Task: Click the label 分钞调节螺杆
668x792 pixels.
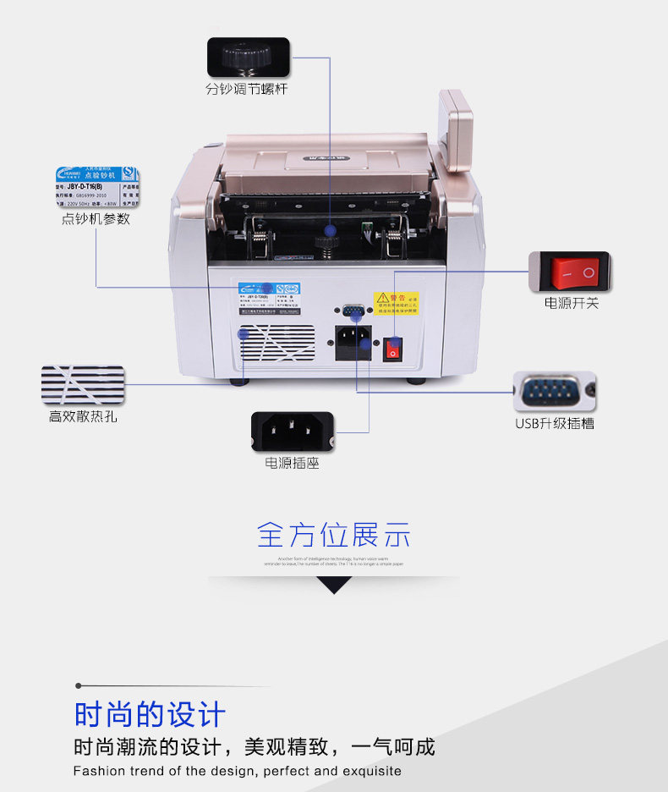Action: [247, 89]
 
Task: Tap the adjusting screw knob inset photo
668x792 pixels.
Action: [247, 58]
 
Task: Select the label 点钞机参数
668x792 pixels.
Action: [96, 219]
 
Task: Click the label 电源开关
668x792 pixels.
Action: [571, 303]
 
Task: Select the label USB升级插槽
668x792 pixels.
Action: [555, 423]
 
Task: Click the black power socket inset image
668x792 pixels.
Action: [292, 432]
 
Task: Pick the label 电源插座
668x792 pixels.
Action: [292, 464]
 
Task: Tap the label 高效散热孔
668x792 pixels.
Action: [82, 416]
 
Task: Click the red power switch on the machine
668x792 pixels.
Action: [392, 348]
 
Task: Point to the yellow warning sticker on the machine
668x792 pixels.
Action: [396, 302]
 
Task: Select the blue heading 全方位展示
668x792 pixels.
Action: [334, 535]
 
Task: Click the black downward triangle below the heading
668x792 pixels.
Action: [334, 585]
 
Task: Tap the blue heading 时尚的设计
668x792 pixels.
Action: [150, 714]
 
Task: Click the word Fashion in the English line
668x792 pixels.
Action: [99, 771]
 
